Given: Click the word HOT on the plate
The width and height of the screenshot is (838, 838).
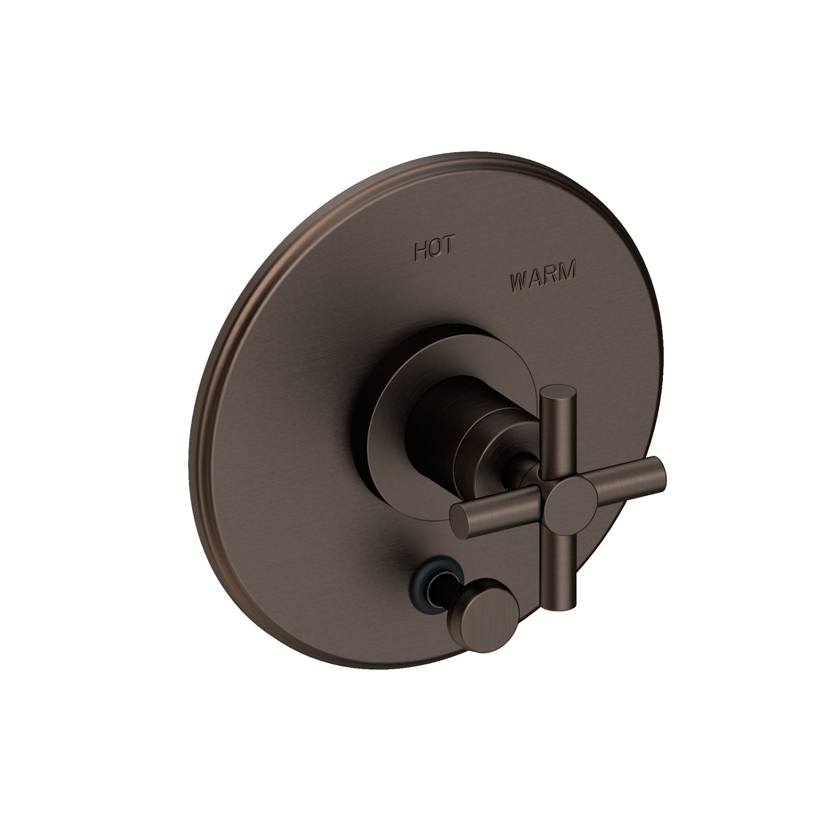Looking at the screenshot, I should (436, 252).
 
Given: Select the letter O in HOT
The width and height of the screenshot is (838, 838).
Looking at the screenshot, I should (436, 252).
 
